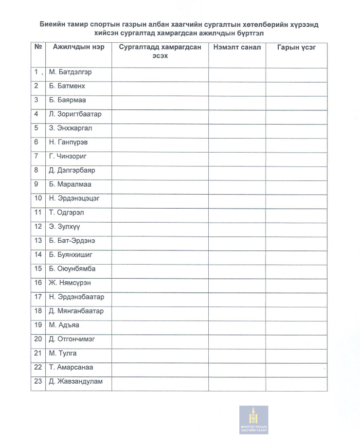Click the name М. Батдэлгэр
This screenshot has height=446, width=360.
(70, 72)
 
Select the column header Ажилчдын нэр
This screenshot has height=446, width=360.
(72, 48)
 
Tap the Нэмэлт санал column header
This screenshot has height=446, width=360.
(237, 48)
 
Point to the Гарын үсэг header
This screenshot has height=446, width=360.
(296, 48)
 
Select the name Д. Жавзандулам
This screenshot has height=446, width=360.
(75, 381)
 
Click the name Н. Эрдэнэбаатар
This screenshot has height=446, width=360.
(76, 297)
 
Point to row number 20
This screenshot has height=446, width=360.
(37, 339)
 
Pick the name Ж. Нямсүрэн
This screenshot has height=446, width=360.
(70, 283)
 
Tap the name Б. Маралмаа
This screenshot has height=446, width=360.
(70, 184)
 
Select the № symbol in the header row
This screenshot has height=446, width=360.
(37, 48)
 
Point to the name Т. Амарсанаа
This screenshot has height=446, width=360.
(71, 367)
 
